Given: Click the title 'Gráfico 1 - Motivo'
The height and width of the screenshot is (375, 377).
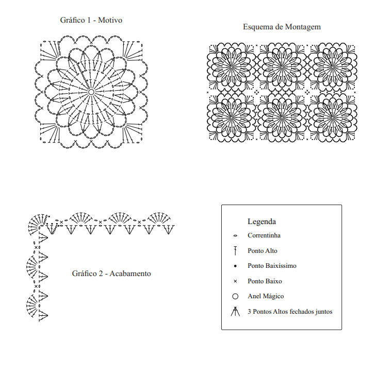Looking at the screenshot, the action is [x=91, y=20].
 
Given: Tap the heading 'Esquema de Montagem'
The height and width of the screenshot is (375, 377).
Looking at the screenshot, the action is [x=282, y=27].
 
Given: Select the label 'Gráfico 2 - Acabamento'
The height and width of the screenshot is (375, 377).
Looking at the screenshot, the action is [x=111, y=274].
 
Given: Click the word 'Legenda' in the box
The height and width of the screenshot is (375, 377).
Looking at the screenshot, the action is [x=261, y=221].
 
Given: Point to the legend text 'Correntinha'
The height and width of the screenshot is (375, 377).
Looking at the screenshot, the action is [x=264, y=235].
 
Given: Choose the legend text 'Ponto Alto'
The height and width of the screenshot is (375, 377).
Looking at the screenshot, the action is [x=263, y=251].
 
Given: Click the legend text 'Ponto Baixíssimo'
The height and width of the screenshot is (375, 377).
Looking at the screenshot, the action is [x=272, y=266].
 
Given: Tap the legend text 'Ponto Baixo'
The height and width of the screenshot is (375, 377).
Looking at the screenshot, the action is [x=265, y=281].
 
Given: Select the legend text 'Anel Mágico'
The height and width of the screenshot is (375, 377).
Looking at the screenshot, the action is [x=266, y=296].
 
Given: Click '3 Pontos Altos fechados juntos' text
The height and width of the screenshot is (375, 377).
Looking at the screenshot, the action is [x=290, y=312].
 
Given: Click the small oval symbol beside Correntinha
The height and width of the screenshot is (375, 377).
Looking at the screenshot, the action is [x=235, y=236].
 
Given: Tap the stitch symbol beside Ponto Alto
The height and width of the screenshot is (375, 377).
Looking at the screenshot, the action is [x=235, y=251].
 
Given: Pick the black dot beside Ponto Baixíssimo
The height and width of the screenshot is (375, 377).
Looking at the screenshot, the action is [x=235, y=266].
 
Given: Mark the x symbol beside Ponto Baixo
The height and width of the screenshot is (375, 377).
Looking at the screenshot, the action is [x=235, y=281].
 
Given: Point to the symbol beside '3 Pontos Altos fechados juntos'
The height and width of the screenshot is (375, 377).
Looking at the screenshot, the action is [x=235, y=311].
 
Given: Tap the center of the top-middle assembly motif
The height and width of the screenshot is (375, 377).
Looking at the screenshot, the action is [x=282, y=67].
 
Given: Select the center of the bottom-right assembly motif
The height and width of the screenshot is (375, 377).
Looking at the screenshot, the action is [x=333, y=117].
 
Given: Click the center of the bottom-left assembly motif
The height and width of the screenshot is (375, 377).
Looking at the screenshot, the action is [x=231, y=117].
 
